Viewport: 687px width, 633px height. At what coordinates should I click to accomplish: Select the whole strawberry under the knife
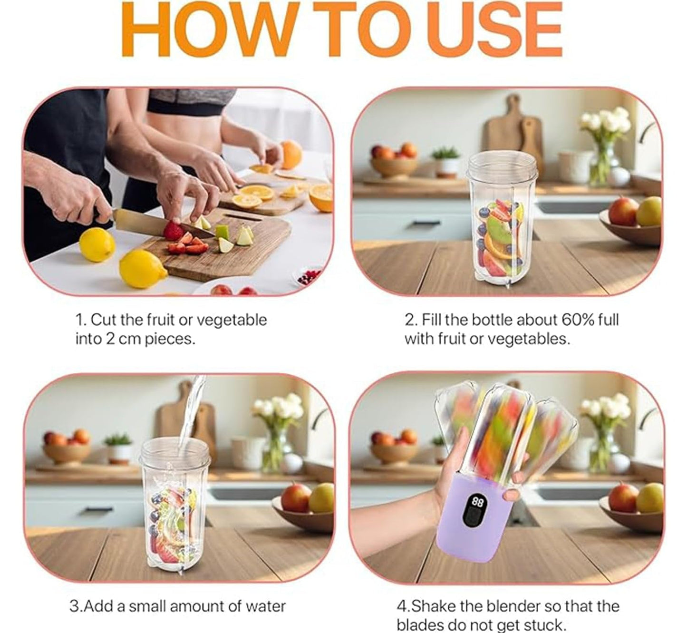pos(173,231)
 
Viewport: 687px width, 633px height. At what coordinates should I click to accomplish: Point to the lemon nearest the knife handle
pos(97,244)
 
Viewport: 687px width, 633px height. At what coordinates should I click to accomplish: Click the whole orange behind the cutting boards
pos(290,154)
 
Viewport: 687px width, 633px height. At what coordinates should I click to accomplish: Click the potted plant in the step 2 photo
pos(446,161)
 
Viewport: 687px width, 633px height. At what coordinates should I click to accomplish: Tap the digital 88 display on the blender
pos(477,502)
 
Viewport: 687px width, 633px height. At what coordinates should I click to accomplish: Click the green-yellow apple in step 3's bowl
pos(321,497)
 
